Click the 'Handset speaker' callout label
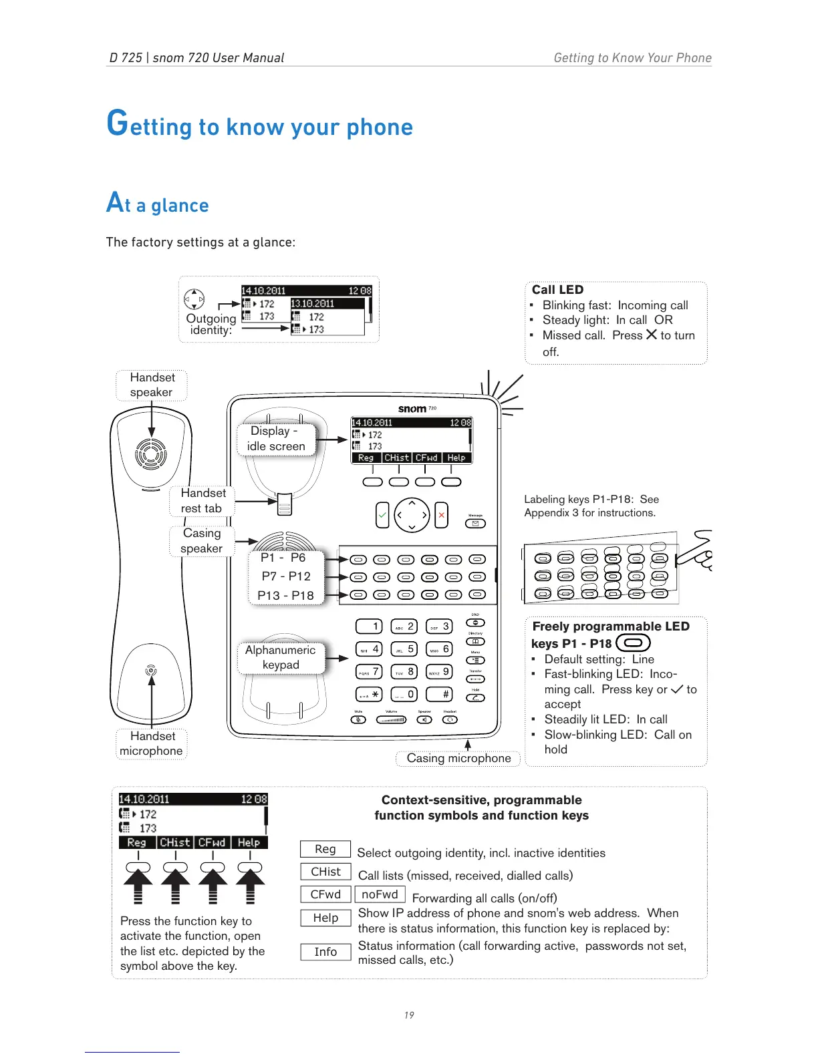tap(152, 385)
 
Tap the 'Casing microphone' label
tap(458, 758)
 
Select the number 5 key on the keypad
tap(404, 649)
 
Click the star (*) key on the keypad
tap(369, 695)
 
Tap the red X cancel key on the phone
tap(441, 515)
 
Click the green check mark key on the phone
tap(382, 515)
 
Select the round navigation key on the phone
tap(412, 515)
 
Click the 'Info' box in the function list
tap(325, 952)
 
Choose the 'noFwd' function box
tap(380, 894)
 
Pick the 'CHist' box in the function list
tap(325, 872)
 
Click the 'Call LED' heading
tap(557, 290)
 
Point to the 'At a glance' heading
tap(158, 204)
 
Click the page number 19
tap(409, 1015)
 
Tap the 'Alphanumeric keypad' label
tap(281, 657)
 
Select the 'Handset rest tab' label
tap(202, 501)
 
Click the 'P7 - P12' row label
tap(286, 576)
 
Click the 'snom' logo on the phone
tap(412, 409)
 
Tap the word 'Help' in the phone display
tap(456, 458)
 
